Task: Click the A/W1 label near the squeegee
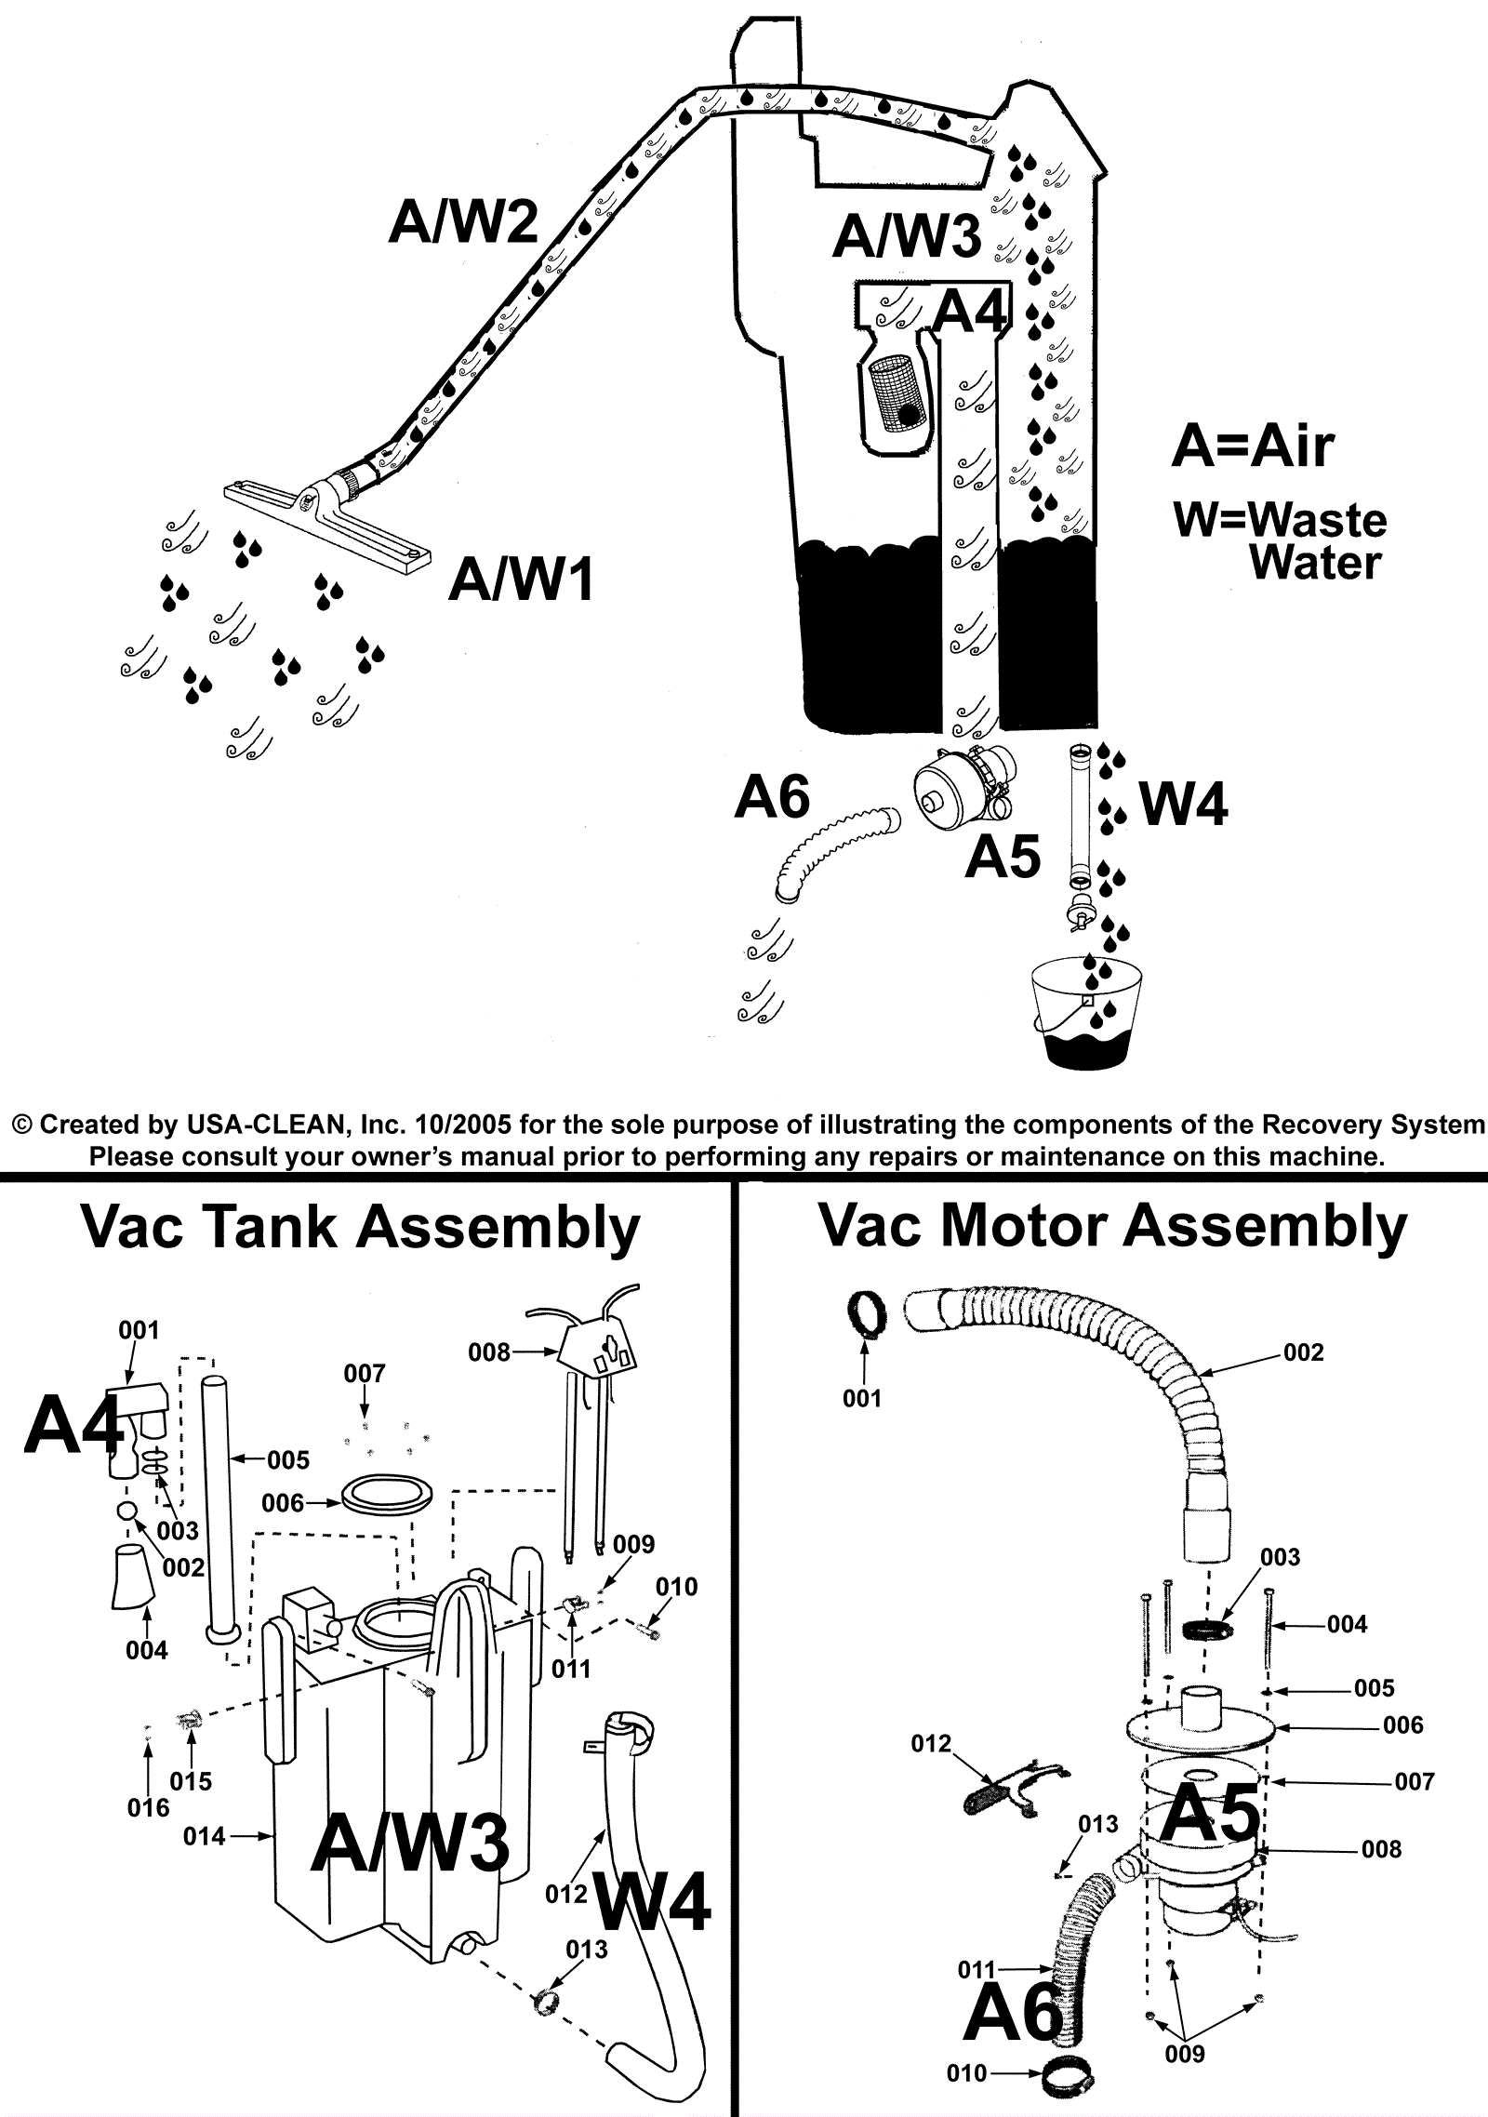(521, 582)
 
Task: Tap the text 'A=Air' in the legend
(1252, 446)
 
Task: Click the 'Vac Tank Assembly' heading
(361, 1228)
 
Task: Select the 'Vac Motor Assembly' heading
(1113, 1226)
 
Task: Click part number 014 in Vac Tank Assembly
(204, 1836)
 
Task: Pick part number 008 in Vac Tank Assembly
(489, 1351)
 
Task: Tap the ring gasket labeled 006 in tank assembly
(387, 1495)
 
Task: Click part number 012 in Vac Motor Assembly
(931, 1743)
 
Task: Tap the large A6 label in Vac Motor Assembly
(1014, 2011)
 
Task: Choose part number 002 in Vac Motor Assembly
(1303, 1352)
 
